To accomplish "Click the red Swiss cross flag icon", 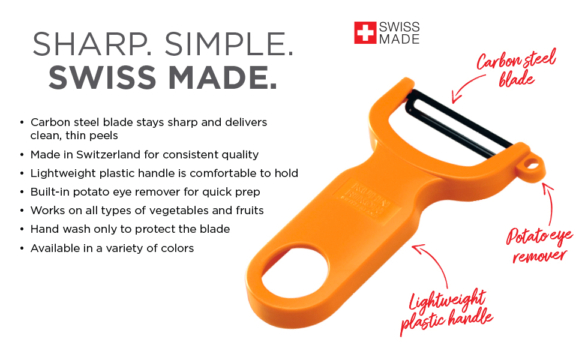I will pos(364,33).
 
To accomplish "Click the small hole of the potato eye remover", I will pos(532,165).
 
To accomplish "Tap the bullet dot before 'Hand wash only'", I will pos(22,229).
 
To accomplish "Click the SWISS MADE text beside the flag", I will pos(398,33).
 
